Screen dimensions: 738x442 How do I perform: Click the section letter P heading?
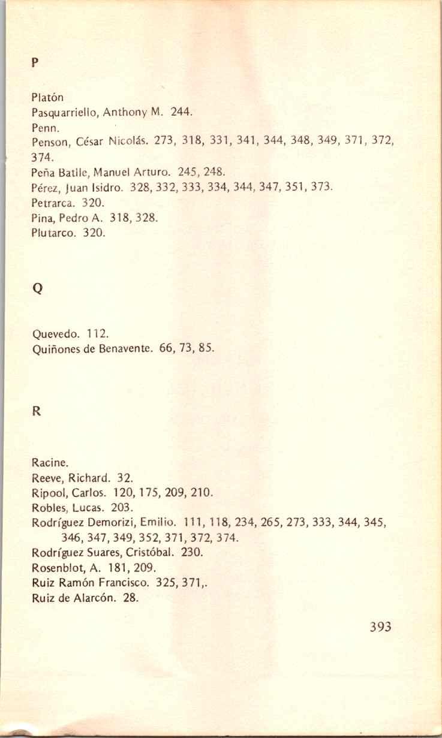click(x=34, y=61)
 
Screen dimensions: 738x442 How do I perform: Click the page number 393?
click(x=380, y=626)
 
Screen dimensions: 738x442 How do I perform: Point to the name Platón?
click(x=47, y=97)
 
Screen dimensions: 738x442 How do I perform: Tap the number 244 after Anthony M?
click(x=181, y=112)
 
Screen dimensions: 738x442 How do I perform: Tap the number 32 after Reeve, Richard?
click(x=124, y=478)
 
